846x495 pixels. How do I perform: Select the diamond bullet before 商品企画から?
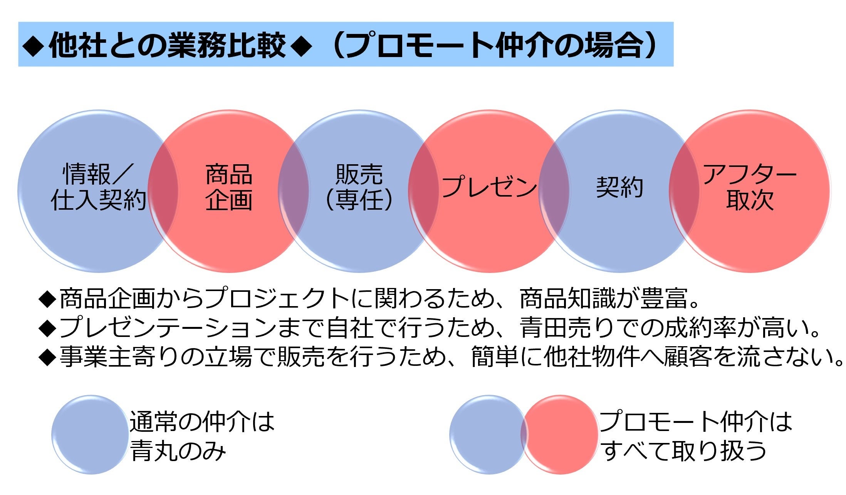pyautogui.click(x=48, y=299)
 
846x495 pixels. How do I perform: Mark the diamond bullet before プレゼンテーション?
pyautogui.click(x=48, y=328)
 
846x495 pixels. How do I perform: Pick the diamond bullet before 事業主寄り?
pyautogui.click(x=48, y=357)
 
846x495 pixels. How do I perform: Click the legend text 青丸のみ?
pyautogui.click(x=178, y=451)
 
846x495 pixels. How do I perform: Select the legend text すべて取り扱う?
pyautogui.click(x=684, y=451)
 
